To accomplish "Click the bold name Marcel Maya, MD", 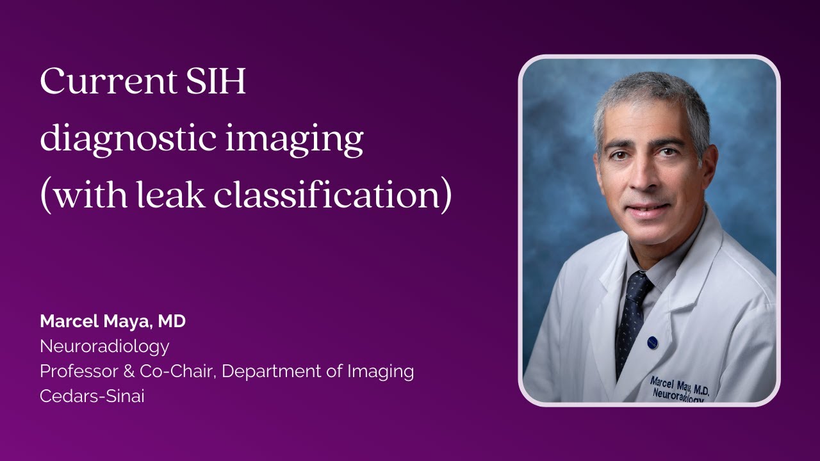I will tap(113, 321).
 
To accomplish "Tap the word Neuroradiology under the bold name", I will tap(104, 346).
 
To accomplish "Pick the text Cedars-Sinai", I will tap(92, 396).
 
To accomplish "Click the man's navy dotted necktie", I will tap(630, 314).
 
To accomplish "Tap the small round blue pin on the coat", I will tap(652, 342).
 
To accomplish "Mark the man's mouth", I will tap(647, 209).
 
